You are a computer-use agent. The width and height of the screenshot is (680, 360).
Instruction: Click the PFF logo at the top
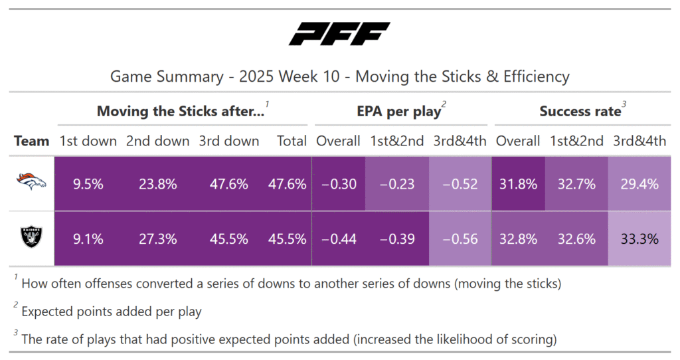(339, 34)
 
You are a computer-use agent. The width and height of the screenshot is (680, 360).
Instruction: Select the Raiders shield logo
(31, 238)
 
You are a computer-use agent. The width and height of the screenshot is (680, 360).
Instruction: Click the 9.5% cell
(88, 184)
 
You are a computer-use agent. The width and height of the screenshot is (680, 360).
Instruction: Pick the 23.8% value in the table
(159, 184)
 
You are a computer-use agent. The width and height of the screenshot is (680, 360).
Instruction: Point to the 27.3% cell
(159, 239)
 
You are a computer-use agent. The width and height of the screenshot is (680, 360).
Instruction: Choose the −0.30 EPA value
(339, 184)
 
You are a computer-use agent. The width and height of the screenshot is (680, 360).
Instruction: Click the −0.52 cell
(460, 184)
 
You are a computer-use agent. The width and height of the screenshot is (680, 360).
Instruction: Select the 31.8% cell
(518, 184)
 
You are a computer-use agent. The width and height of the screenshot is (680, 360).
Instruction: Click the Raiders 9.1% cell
(88, 239)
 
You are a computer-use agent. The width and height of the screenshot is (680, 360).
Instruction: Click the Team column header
(32, 141)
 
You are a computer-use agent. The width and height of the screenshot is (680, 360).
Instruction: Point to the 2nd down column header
(159, 141)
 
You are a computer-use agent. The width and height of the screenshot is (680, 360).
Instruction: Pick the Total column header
(292, 141)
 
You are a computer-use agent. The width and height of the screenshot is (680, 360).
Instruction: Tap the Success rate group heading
(580, 112)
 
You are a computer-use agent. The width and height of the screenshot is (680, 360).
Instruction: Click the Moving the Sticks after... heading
(181, 112)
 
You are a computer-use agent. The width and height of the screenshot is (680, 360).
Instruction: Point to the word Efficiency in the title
(536, 76)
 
